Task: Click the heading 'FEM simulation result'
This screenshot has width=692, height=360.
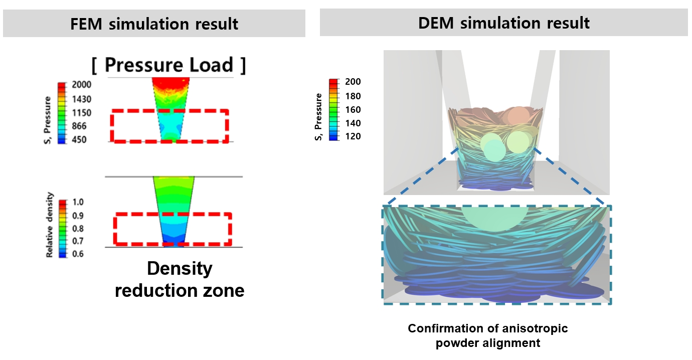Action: point(154,24)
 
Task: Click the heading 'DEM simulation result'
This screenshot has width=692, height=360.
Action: point(504,23)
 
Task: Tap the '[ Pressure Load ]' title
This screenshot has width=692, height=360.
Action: point(169,65)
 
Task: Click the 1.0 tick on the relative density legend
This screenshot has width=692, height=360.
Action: point(79,202)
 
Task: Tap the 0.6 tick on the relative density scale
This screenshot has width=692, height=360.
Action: point(79,254)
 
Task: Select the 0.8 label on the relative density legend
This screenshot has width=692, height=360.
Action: point(79,228)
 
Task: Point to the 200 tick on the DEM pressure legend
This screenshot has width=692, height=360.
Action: point(353,82)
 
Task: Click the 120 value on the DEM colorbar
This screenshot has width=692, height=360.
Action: point(353,136)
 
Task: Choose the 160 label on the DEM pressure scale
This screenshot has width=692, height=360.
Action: point(353,109)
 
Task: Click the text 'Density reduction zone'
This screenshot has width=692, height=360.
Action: point(180,279)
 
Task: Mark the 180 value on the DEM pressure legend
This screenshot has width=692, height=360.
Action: point(353,96)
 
